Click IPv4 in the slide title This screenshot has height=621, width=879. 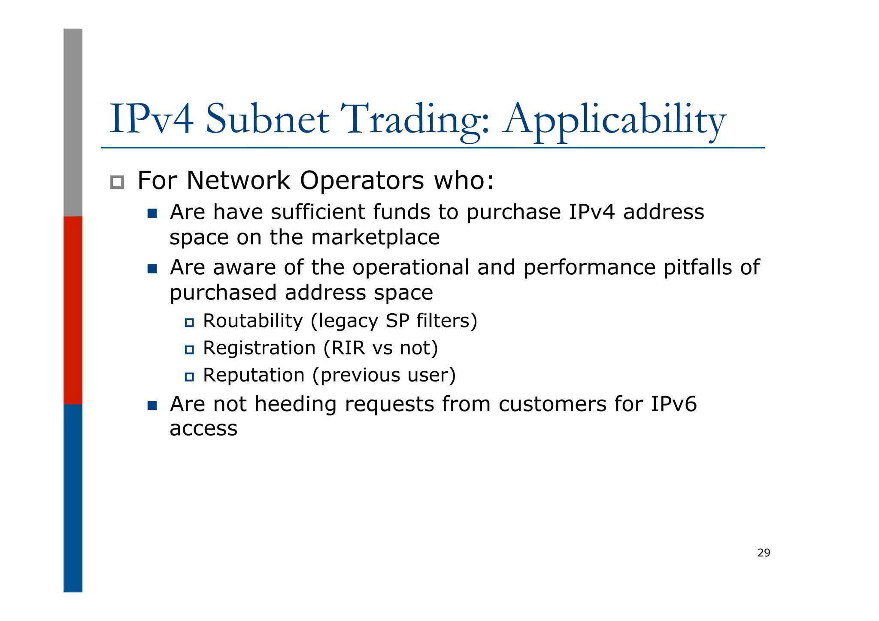[x=151, y=119]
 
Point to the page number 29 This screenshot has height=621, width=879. [x=764, y=553]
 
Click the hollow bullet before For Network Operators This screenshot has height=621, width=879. [x=117, y=182]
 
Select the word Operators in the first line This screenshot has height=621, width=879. [x=361, y=180]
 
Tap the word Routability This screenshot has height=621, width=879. [x=253, y=321]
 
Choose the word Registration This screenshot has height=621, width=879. [x=259, y=348]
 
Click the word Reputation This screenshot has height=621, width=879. [x=254, y=375]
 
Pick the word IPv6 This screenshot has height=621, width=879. [x=673, y=404]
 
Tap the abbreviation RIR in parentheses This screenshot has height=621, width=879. [x=348, y=348]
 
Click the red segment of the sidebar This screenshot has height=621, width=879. [x=73, y=310]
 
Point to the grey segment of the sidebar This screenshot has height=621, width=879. [x=73, y=122]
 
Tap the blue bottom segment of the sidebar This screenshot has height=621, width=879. [x=73, y=498]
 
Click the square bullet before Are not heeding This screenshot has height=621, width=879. [x=152, y=406]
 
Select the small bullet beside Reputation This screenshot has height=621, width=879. [x=189, y=377]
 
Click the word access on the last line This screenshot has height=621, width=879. [x=203, y=429]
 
